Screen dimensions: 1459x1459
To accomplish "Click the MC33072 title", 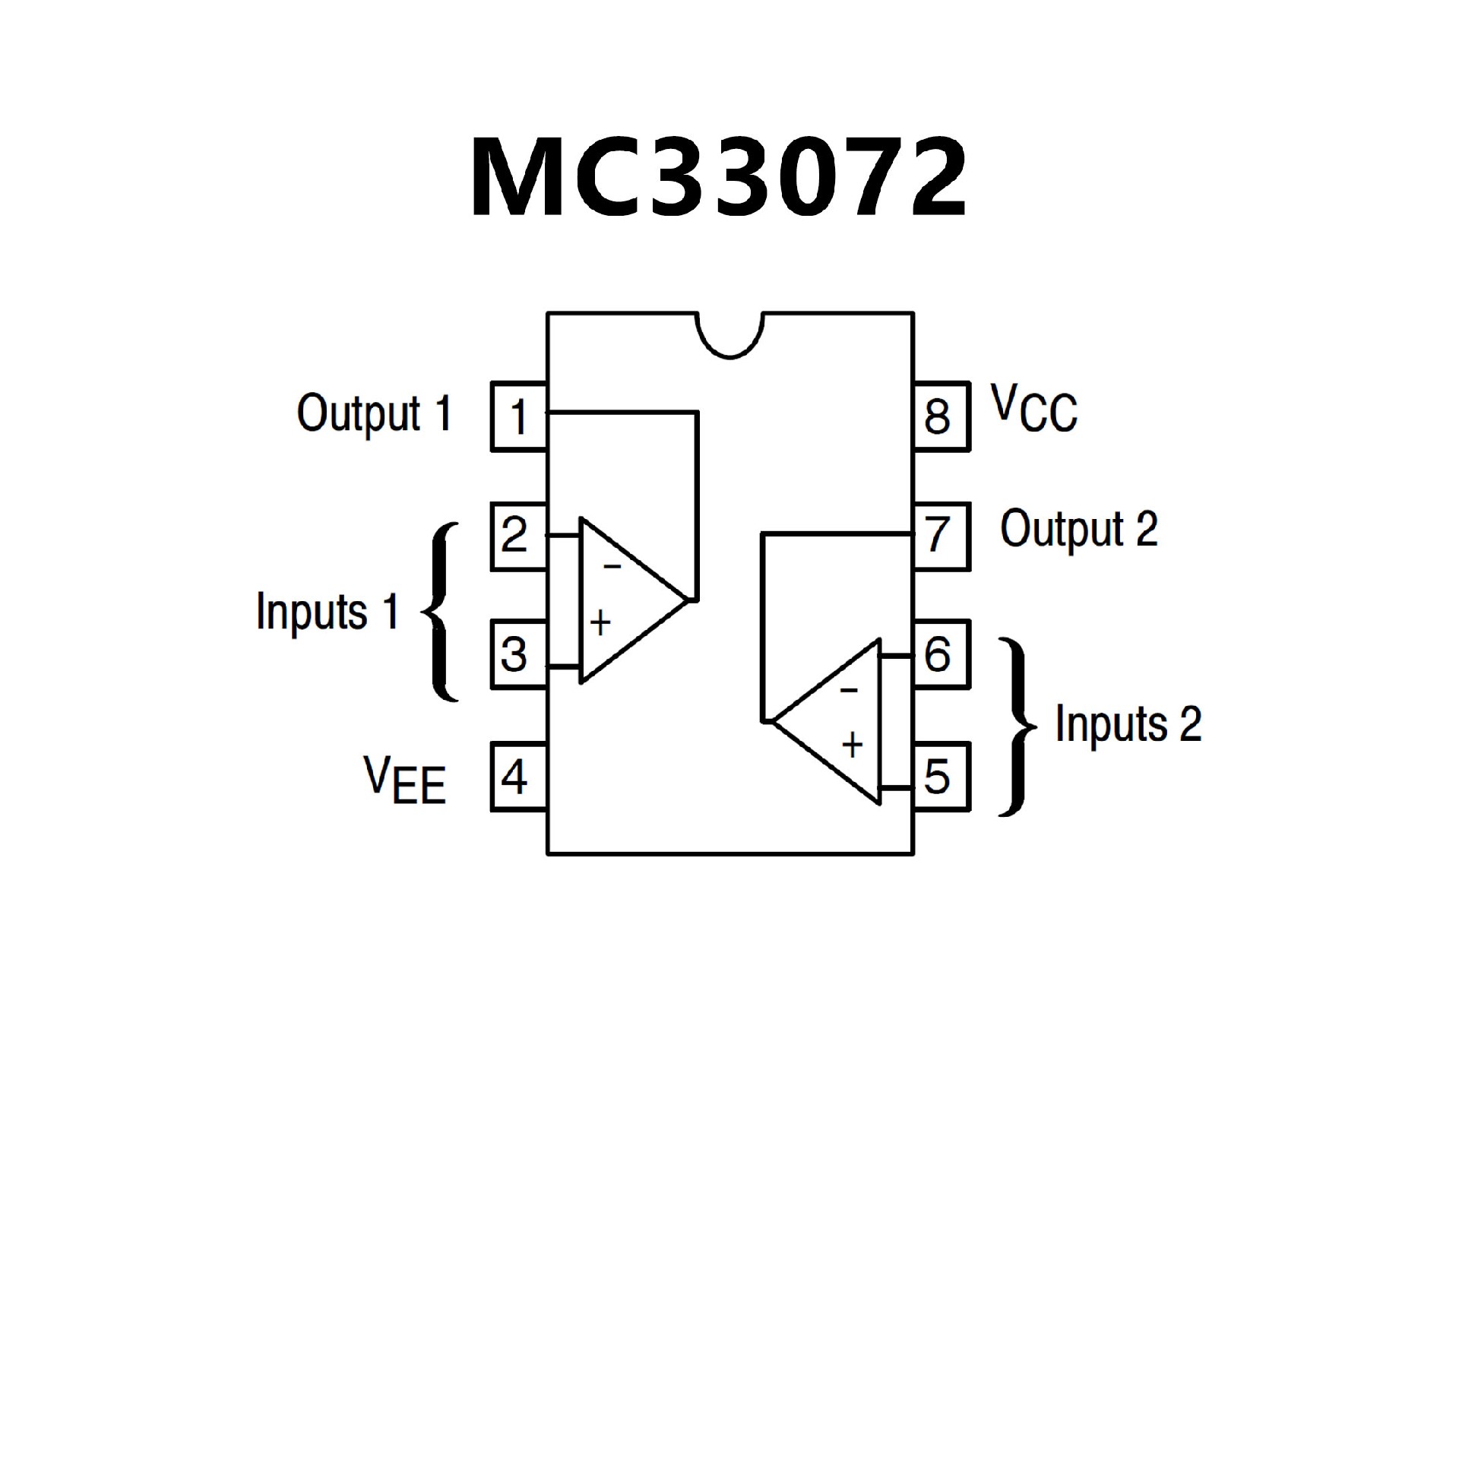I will tap(719, 179).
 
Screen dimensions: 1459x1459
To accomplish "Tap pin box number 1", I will tap(519, 416).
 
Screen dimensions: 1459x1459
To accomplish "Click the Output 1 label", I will tap(374, 414).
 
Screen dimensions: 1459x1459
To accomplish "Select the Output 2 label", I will tap(1078, 530).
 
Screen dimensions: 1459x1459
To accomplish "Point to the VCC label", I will tap(1034, 410).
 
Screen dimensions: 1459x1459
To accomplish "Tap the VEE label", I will tap(404, 779).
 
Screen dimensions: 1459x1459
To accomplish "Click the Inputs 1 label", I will tap(328, 612).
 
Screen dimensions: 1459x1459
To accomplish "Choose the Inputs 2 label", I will tap(1128, 723).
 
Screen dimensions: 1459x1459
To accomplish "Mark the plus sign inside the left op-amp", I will tap(600, 623).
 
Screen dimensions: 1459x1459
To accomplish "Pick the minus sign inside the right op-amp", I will tap(849, 690).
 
